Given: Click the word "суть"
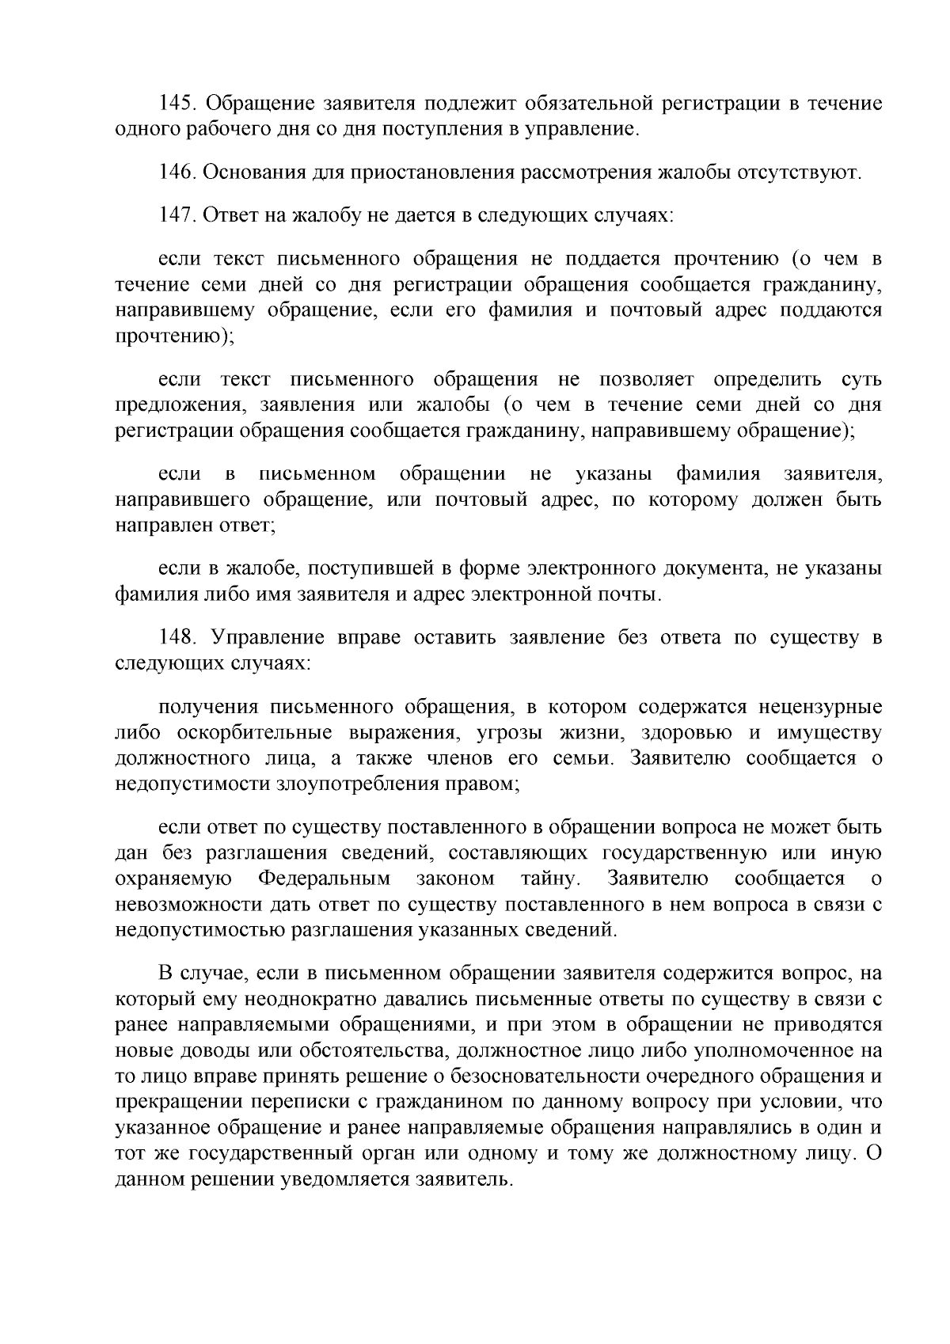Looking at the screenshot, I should [x=861, y=380].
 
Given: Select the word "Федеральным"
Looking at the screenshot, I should [x=325, y=879].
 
